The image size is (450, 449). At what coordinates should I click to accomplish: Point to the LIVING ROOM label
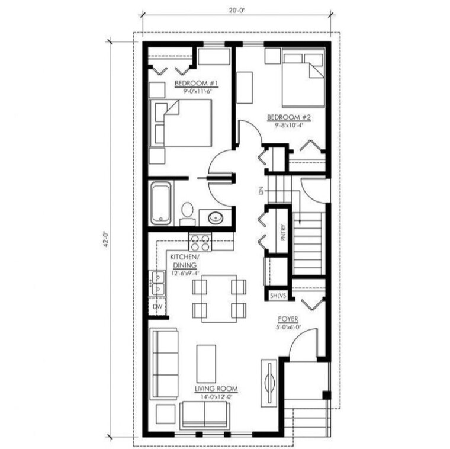(x=216, y=389)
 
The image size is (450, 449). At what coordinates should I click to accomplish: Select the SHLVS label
(x=278, y=294)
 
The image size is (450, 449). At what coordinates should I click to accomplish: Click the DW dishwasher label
(x=157, y=307)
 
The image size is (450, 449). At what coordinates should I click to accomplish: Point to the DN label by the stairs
(x=261, y=191)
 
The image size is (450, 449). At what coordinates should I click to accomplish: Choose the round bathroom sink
(x=216, y=217)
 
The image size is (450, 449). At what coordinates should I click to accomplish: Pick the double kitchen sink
(x=158, y=283)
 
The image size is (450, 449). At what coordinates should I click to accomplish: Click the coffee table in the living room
(x=206, y=363)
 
